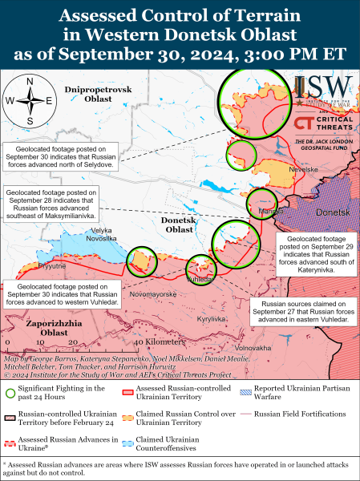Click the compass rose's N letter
[29, 82]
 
